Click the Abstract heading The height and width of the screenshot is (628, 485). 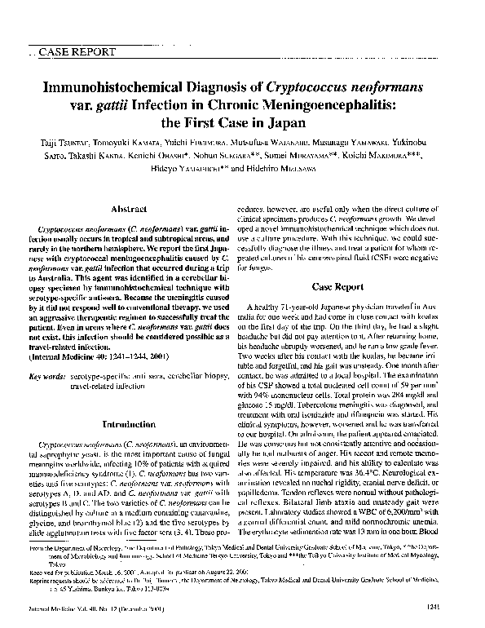(x=129, y=208)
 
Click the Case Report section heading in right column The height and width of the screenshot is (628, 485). (x=337, y=287)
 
